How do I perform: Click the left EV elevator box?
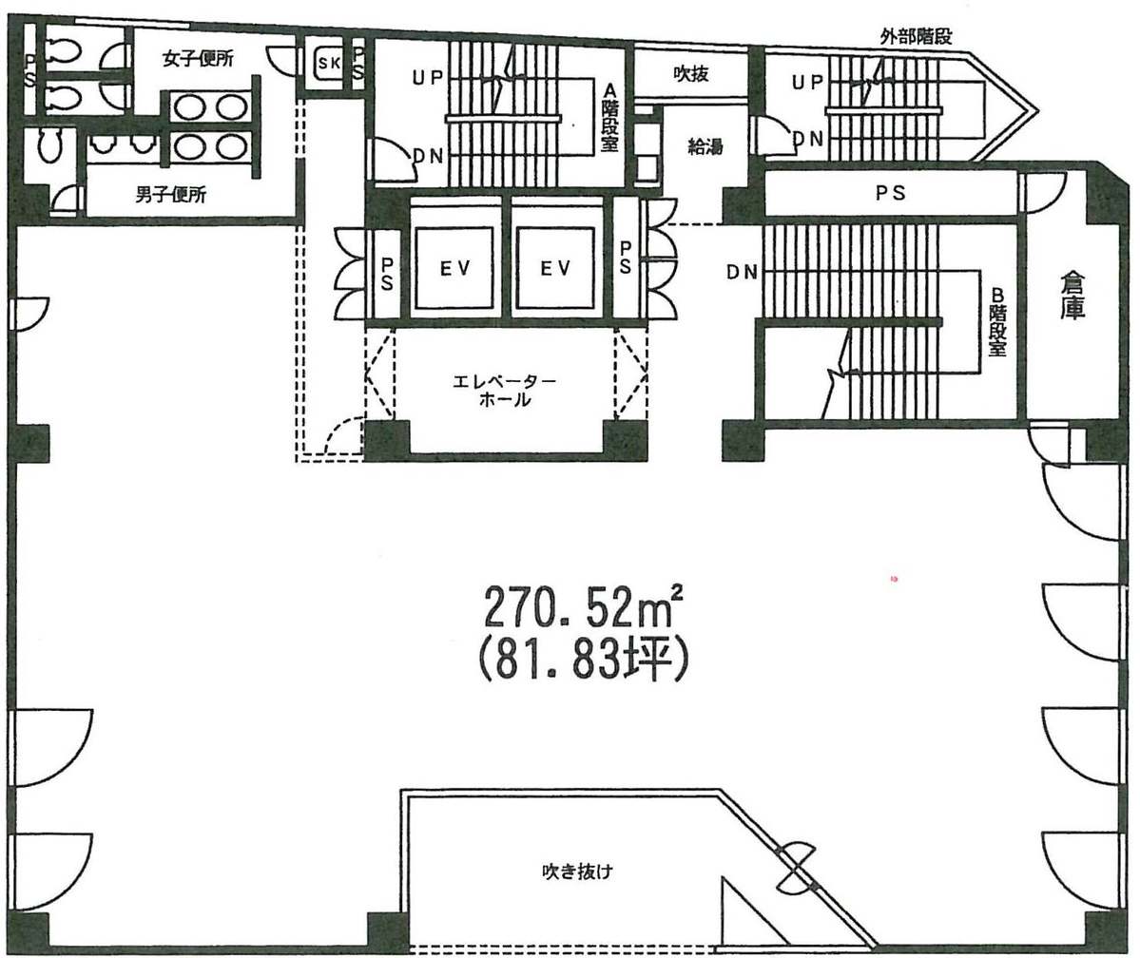coord(454,267)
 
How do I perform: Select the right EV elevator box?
coord(554,267)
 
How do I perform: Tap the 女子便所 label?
coord(198,59)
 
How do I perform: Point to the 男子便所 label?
coord(171,194)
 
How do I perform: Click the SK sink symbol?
coord(329,64)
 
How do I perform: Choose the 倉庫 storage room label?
coord(1072,296)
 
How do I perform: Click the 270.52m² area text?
coord(583,607)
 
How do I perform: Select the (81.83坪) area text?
coord(583,658)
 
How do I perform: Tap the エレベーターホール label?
coord(504,390)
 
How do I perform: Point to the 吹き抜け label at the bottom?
coord(577,871)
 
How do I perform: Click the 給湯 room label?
coord(705,147)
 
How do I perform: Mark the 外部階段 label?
coord(916,36)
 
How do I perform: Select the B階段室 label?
coord(996,320)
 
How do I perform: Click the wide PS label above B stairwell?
coord(890,193)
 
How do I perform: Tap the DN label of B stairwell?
coord(742,272)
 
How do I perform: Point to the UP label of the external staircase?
coord(808,83)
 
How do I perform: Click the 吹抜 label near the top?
coord(690,73)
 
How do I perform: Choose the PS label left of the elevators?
coord(387,273)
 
